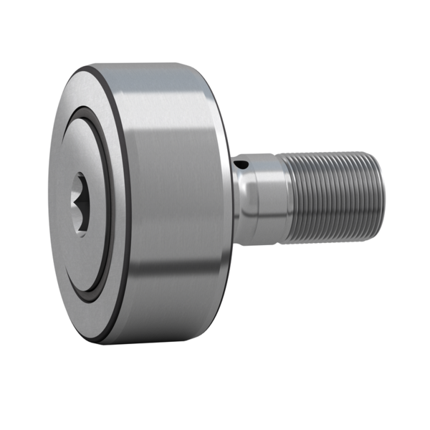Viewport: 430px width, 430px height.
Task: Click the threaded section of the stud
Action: point(330,193)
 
